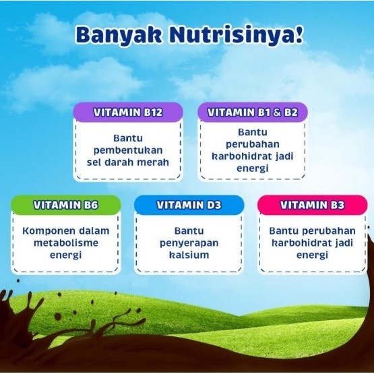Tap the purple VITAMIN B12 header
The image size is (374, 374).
[x=127, y=113]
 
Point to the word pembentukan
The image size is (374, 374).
[x=127, y=150]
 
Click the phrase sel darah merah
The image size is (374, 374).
[x=127, y=162]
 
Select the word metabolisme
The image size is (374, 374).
[x=66, y=243]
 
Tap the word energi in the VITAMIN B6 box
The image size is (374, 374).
[x=66, y=255]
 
